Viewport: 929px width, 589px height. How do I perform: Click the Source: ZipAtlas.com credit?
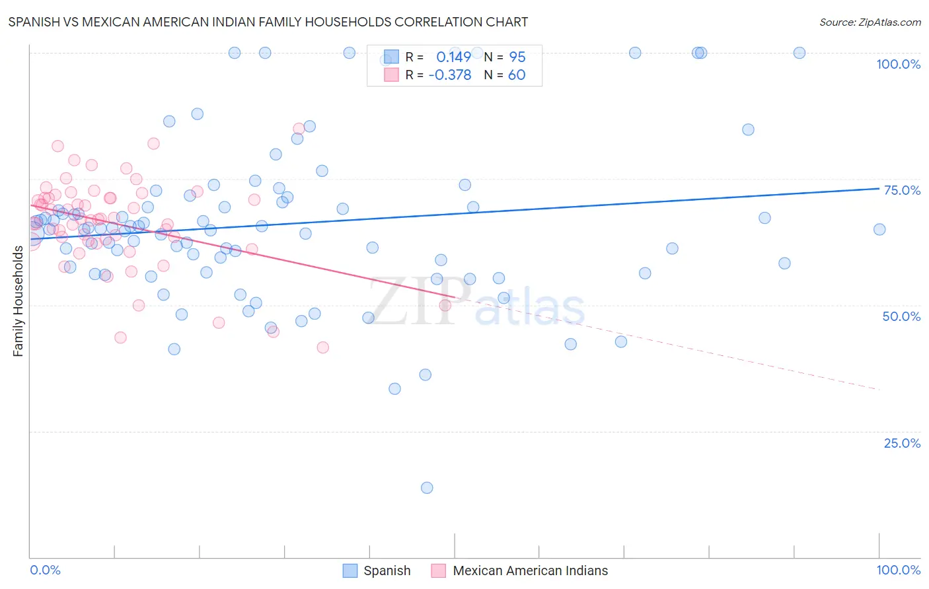(x=870, y=22)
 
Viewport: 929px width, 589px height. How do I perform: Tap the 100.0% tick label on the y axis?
(x=898, y=64)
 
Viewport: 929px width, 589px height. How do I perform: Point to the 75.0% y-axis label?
(x=902, y=190)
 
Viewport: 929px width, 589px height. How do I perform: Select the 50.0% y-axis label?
(x=901, y=316)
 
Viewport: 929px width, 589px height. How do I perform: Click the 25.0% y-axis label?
(x=902, y=443)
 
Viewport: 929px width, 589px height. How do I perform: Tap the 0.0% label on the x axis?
(x=45, y=570)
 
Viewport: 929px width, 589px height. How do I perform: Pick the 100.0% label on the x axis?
(x=898, y=570)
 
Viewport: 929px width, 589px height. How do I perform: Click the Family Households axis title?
(x=19, y=301)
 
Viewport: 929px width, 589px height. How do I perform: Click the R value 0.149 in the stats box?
(x=453, y=57)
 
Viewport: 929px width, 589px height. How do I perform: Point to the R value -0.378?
(x=449, y=75)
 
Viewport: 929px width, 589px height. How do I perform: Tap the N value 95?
(x=517, y=57)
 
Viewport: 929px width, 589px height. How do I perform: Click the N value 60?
(x=517, y=75)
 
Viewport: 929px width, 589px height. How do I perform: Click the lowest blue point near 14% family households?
(x=427, y=488)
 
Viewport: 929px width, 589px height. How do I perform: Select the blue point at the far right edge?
(x=879, y=230)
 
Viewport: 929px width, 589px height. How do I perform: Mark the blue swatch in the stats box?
(x=391, y=57)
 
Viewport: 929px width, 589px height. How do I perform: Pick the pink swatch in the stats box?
(x=391, y=75)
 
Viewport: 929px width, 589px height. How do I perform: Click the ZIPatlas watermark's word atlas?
(x=530, y=307)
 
